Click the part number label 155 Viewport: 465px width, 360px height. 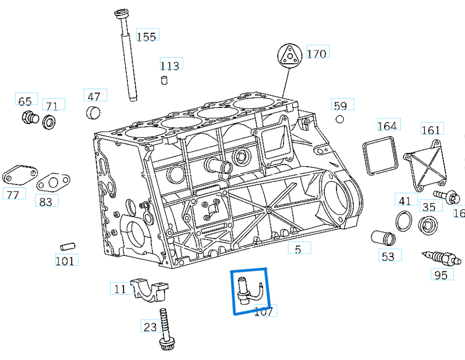(x=146, y=37)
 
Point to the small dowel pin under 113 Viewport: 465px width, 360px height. (x=164, y=81)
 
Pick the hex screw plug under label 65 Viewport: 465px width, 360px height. (x=29, y=117)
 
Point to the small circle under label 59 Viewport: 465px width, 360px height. (x=340, y=119)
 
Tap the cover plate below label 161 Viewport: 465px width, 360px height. (x=426, y=164)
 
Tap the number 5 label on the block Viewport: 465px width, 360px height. (x=298, y=250)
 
